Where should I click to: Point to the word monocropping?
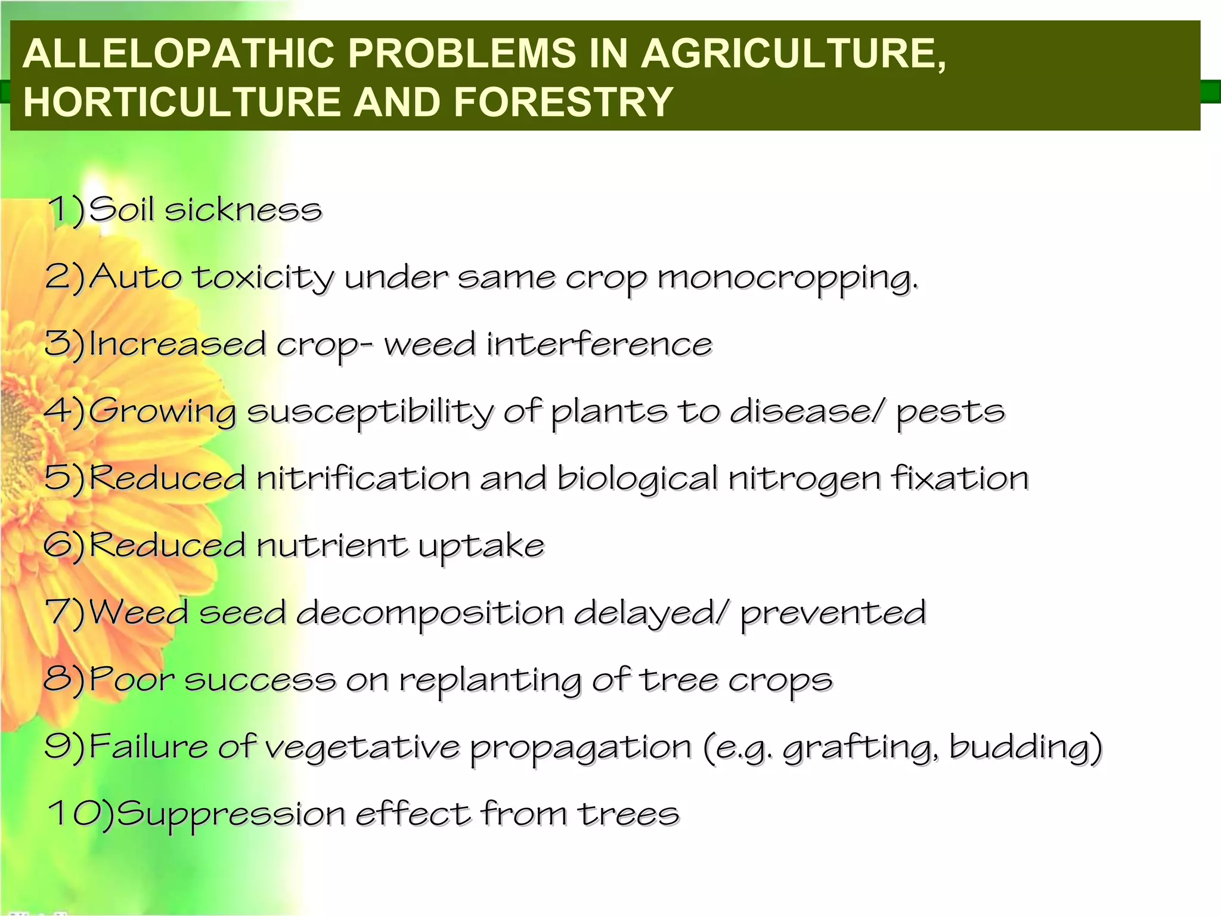click(x=787, y=278)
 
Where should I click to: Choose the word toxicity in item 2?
click(x=262, y=278)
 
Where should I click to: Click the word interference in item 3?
click(x=599, y=345)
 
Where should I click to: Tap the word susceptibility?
click(x=370, y=412)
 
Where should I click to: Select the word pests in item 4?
click(x=950, y=412)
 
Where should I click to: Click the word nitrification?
click(x=363, y=478)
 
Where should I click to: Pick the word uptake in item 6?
click(x=481, y=546)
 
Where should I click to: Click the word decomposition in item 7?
click(x=429, y=614)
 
